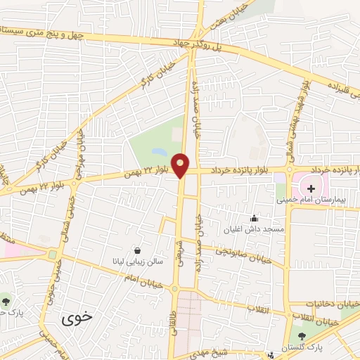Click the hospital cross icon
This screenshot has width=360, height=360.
point(311,188)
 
